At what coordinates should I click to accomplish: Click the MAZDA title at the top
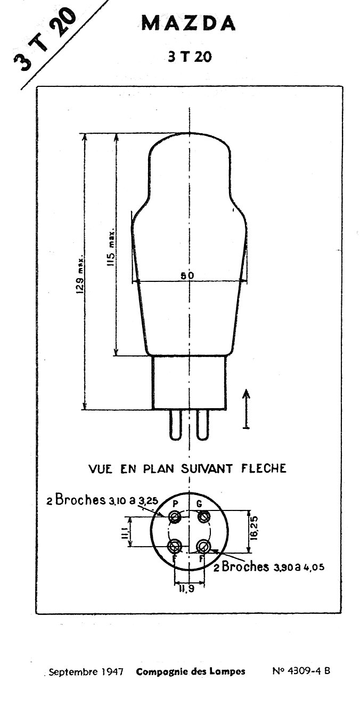pos(189,23)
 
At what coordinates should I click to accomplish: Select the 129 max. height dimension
pos(80,274)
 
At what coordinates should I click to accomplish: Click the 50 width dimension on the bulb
pos(187,275)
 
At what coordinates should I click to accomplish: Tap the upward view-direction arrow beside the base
pos(247,409)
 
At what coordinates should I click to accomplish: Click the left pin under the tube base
pos(175,425)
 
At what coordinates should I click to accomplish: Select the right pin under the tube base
pos(202,425)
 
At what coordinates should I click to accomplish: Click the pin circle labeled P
pos(175,517)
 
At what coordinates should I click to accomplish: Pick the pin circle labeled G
pos(204,517)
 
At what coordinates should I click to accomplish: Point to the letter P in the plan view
pos(176,504)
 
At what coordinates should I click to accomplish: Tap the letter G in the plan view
pos(199,504)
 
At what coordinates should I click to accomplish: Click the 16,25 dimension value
pos(255,528)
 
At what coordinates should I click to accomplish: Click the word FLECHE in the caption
pos(264,469)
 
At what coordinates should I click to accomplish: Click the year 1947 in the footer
pos(112,671)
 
